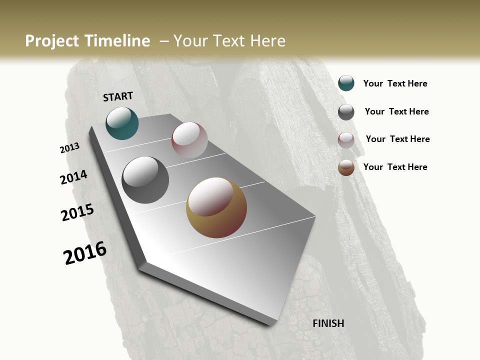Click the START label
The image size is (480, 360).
118,96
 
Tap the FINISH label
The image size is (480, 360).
328,323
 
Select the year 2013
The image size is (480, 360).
70,148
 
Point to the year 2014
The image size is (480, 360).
73,177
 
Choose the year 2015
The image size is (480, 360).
77,212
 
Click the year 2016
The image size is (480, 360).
85,253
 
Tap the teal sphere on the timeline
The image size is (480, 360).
122,123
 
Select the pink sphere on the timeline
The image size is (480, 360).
189,140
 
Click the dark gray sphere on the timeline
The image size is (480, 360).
145,180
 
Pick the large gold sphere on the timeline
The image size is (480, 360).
216,207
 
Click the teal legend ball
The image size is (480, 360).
346,83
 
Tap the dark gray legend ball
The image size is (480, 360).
346,112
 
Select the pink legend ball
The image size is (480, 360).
346,140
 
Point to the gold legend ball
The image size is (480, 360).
346,168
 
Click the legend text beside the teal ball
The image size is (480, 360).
395,83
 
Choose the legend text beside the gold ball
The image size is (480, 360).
395,167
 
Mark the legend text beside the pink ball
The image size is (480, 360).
397,139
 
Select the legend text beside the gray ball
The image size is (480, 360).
396,111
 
